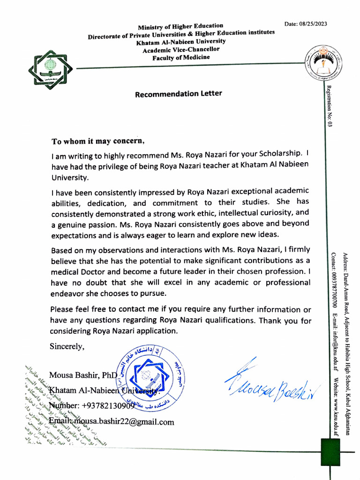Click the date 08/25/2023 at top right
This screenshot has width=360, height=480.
[306, 24]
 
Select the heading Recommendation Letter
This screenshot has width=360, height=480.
[178, 94]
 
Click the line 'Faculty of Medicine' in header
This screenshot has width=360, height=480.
[181, 57]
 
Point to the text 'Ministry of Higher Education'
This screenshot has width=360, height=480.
[180, 26]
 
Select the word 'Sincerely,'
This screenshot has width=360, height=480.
[68, 346]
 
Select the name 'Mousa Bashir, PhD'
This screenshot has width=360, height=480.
[83, 375]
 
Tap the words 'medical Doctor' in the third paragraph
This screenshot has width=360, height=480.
[75, 272]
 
